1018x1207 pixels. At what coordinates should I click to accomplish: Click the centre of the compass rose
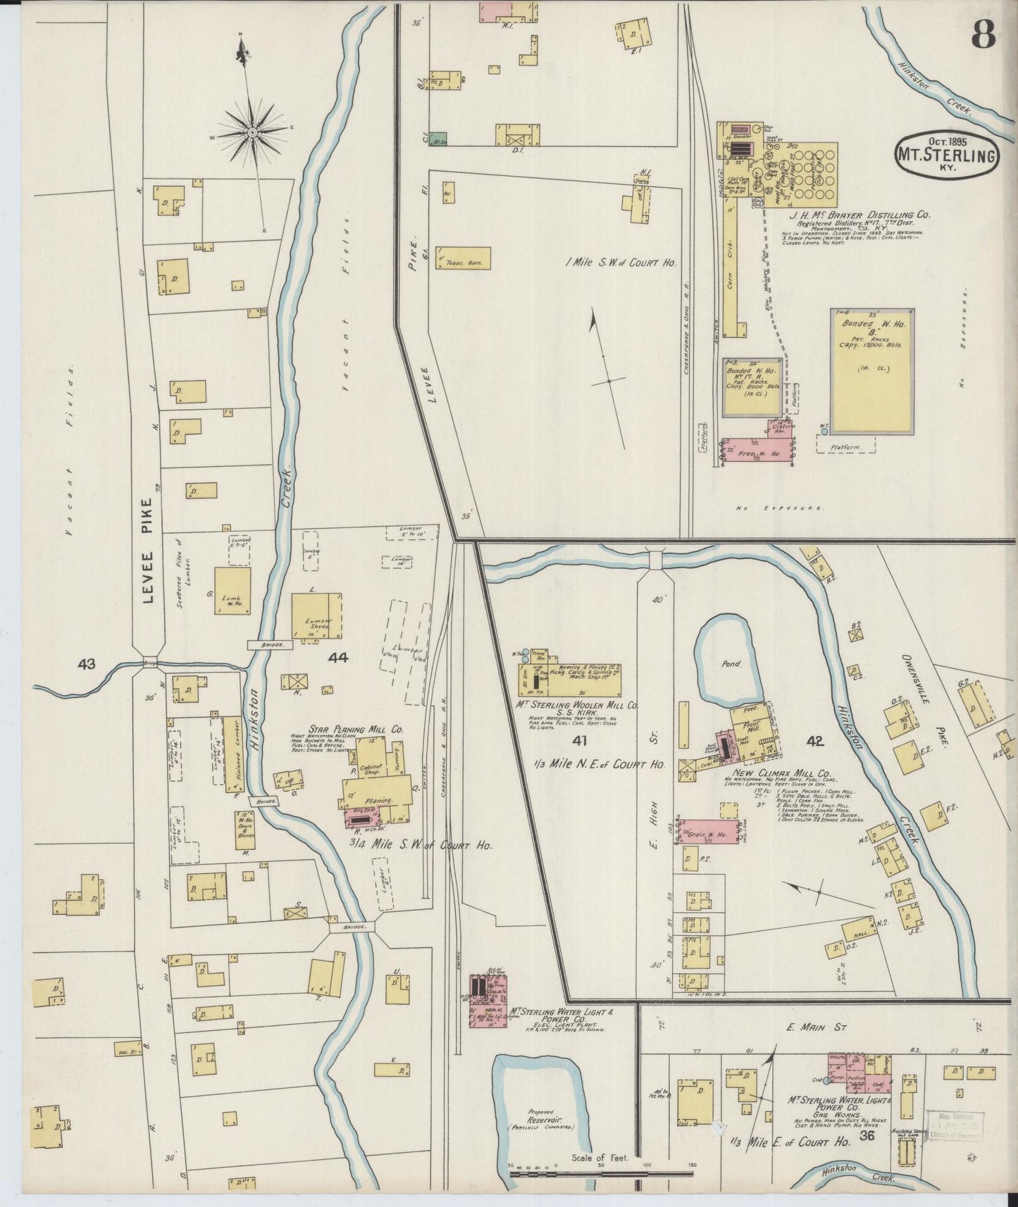252,132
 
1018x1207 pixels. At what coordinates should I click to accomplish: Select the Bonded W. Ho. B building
872,371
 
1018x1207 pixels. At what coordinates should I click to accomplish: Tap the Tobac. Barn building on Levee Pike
463,258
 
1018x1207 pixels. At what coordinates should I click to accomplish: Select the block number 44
338,658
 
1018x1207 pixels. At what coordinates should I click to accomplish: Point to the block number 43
87,663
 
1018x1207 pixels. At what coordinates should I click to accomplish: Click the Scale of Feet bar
602,1174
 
